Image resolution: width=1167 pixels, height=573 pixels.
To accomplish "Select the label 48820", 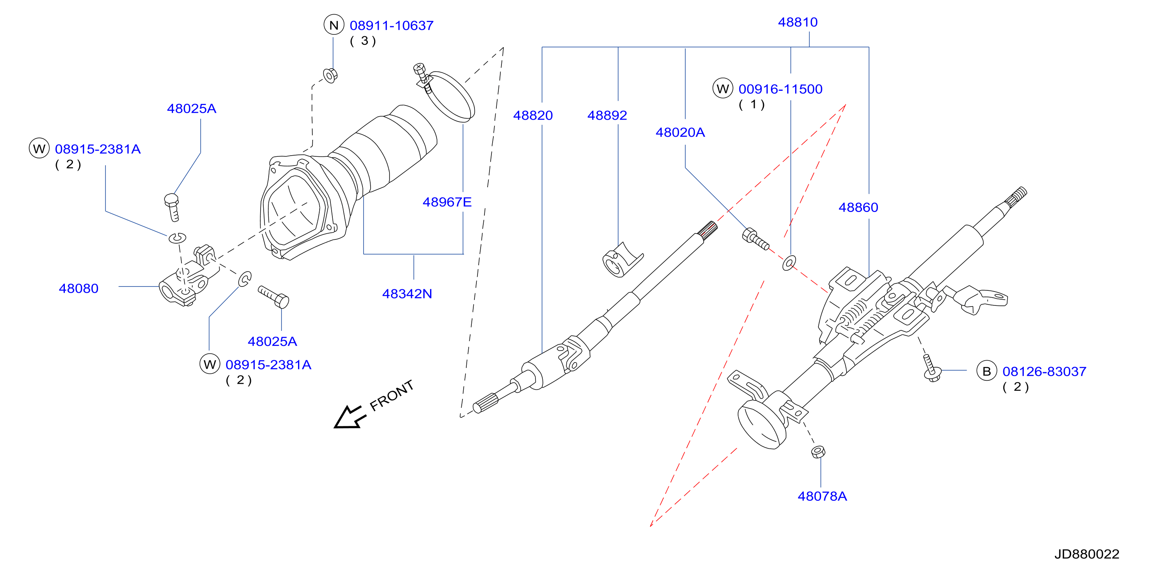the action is point(533,115).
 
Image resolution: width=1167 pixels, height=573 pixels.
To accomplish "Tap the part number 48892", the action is point(607,115).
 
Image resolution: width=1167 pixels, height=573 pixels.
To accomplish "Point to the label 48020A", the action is point(680,132).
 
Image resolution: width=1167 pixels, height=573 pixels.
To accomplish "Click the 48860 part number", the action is point(858,207).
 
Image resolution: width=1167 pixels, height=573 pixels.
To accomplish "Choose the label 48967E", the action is point(447,202).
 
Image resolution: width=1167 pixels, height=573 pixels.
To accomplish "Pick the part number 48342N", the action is point(407,294).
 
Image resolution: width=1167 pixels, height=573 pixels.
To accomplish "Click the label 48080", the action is point(78,288).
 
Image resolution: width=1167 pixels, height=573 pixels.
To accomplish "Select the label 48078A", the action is point(822,497).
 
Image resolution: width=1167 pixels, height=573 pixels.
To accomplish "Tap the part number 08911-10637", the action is point(391,26).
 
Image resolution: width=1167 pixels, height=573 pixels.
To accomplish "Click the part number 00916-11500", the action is point(780,89).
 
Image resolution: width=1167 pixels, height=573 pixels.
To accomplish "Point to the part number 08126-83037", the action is point(1044,371).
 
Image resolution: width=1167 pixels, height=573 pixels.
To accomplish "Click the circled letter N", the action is point(334,25).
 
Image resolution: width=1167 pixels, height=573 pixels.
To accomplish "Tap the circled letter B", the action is point(986,371).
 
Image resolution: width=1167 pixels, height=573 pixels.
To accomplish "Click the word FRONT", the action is point(391,395).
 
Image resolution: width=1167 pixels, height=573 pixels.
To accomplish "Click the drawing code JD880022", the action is point(1087,554).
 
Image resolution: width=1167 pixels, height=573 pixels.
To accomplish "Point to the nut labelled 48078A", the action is point(818,452).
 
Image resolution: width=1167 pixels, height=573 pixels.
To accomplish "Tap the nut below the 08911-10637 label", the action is point(330,75).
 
